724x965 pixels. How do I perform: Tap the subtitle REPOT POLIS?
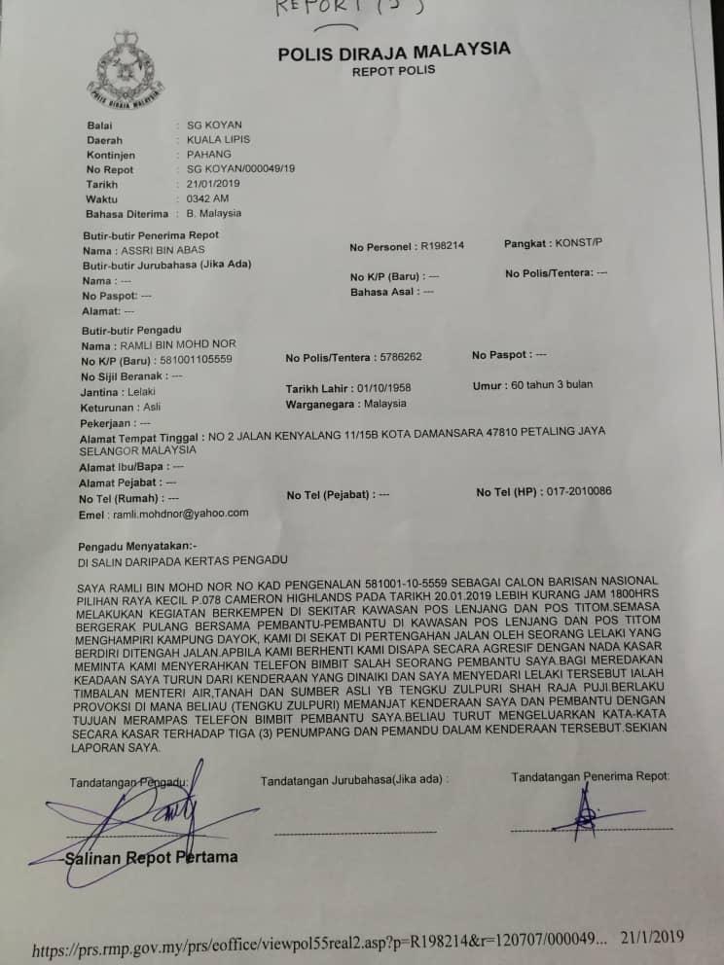click(x=393, y=71)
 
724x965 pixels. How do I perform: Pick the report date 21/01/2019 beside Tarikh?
click(x=213, y=184)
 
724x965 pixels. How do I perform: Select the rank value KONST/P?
click(x=578, y=242)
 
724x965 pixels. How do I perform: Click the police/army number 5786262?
click(x=396, y=357)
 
